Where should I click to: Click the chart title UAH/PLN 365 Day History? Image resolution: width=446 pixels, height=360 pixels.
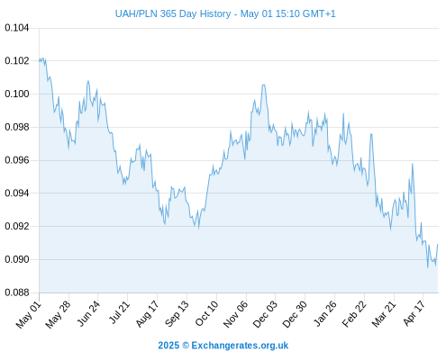pos(173,13)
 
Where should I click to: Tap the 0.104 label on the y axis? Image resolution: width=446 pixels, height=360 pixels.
pos(17,28)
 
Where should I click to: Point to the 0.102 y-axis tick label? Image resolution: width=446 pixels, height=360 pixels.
pos(17,61)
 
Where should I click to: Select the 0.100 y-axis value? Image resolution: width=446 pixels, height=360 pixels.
pos(17,94)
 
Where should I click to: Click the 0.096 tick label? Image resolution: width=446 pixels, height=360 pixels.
pos(17,160)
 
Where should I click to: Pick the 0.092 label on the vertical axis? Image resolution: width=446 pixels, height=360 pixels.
pos(17,226)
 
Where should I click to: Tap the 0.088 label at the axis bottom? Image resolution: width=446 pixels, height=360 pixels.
pos(17,292)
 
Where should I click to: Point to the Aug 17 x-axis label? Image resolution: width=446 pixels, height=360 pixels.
pos(147,314)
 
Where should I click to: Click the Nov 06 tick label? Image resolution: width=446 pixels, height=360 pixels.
pos(236,314)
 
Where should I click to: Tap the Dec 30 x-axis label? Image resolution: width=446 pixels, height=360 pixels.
pos(295,314)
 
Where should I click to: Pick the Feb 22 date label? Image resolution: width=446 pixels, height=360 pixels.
pos(354,314)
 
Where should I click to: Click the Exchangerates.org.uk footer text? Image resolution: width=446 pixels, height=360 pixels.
pos(240,346)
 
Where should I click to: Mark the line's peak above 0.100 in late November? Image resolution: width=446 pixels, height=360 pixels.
pos(263,85)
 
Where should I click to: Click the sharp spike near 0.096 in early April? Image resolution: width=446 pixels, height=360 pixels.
pos(413,164)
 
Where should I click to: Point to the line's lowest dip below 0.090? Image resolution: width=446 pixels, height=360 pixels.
pos(428,267)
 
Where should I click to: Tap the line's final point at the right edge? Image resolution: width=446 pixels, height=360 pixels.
pos(438,244)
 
